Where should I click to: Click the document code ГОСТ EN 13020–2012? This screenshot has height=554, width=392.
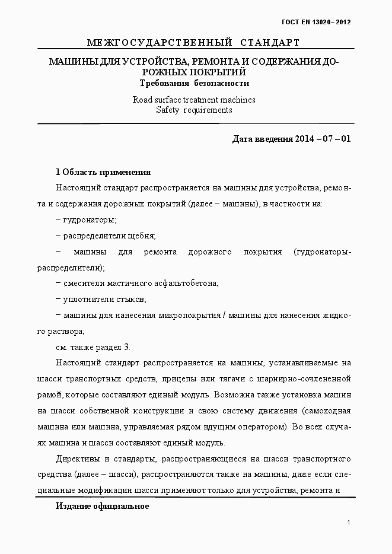(x=316, y=22)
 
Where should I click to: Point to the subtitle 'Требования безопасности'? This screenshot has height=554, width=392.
(x=194, y=84)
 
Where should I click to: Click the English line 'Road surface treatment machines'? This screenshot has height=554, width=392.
(x=194, y=100)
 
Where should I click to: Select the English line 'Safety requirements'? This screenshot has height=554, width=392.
(x=194, y=110)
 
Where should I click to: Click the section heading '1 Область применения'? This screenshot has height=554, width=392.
(x=103, y=172)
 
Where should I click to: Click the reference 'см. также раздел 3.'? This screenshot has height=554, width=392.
(x=93, y=347)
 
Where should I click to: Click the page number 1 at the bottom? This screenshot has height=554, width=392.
(x=349, y=522)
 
